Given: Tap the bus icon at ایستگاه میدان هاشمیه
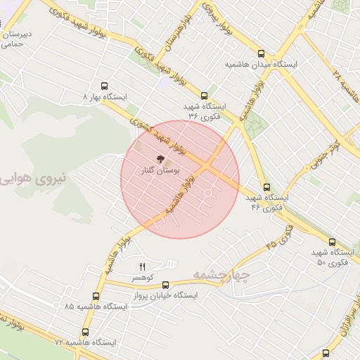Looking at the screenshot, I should tap(262, 53).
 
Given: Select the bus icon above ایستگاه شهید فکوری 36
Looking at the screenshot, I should tap(205, 95).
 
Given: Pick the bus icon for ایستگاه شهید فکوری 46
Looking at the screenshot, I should tap(266, 187).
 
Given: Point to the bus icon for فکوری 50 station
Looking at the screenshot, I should tap(332, 241).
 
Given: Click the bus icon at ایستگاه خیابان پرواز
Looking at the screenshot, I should tap(166, 285).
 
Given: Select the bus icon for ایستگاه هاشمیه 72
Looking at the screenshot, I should tap(86, 332).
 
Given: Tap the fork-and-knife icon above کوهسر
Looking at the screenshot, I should tap(142, 266).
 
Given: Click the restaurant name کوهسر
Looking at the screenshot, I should tap(142, 278).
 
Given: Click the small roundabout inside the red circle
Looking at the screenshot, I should tap(209, 193).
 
